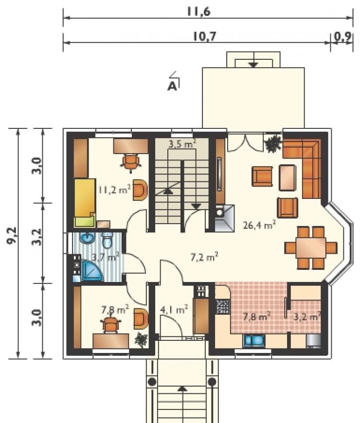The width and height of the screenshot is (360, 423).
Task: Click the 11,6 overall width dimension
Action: pyautogui.click(x=198, y=12)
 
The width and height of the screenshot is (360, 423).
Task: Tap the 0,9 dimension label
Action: pyautogui.click(x=342, y=36)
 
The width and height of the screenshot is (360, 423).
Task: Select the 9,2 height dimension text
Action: pyautogui.click(x=12, y=235)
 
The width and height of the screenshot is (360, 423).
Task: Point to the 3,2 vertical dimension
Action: pyautogui.click(x=37, y=237)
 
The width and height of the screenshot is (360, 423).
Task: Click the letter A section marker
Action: pyautogui.click(x=172, y=86)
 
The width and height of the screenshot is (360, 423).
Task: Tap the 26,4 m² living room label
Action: pyautogui.click(x=259, y=225)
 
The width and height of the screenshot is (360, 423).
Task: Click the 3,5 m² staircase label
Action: pyautogui.click(x=182, y=143)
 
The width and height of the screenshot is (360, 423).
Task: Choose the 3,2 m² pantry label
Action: pyautogui.click(x=307, y=316)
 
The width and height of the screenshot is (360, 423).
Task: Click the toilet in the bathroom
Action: pyautogui.click(x=108, y=240)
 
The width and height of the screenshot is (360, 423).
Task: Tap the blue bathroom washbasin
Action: pyautogui.click(x=87, y=238)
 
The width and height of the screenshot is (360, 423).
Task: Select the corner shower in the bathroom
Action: pyautogui.click(x=91, y=271)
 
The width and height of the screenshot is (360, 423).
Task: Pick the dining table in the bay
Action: pyautogui.click(x=311, y=247)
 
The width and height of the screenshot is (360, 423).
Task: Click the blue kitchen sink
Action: pyautogui.click(x=254, y=340)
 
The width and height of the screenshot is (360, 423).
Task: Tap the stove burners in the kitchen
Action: pyautogui.click(x=223, y=307)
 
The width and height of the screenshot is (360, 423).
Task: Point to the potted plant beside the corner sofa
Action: pyautogui.click(x=273, y=143)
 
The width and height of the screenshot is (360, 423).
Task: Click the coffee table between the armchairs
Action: pyautogui.click(x=288, y=178)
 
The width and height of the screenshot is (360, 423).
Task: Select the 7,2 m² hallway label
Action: pyautogui.click(x=204, y=257)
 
